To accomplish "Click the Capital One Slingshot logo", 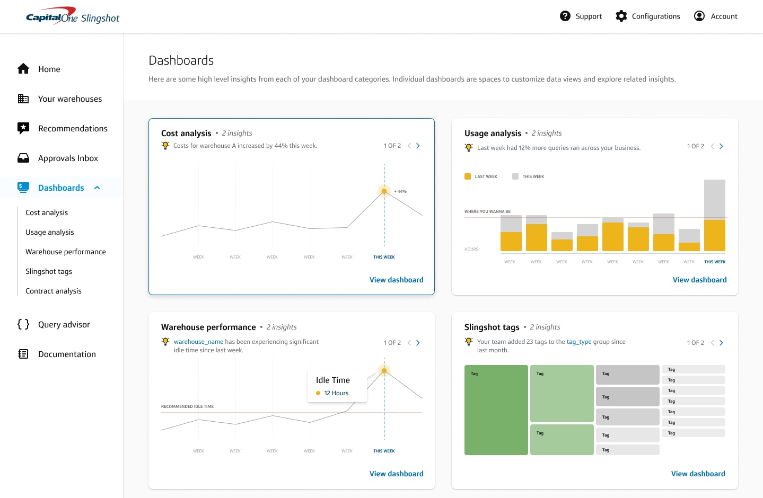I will [73, 16].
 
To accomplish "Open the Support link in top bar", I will [581, 16].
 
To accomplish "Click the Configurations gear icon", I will [621, 16].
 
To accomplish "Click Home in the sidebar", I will [49, 69].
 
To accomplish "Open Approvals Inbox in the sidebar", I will [68, 158].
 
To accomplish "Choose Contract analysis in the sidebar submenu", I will [54, 291].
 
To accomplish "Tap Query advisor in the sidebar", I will [64, 325].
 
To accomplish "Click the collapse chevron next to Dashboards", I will [97, 188].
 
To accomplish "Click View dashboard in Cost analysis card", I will [396, 280].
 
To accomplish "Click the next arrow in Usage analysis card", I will [721, 146].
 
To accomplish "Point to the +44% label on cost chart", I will [400, 192].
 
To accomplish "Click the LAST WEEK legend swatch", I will [468, 176].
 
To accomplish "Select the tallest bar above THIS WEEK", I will [714, 215].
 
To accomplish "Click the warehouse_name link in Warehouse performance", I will [198, 342].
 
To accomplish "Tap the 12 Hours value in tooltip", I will [336, 394].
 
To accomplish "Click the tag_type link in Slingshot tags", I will [579, 342].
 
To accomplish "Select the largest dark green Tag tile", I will [496, 410].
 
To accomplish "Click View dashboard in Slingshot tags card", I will [698, 474].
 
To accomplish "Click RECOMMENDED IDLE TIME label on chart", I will [187, 407].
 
